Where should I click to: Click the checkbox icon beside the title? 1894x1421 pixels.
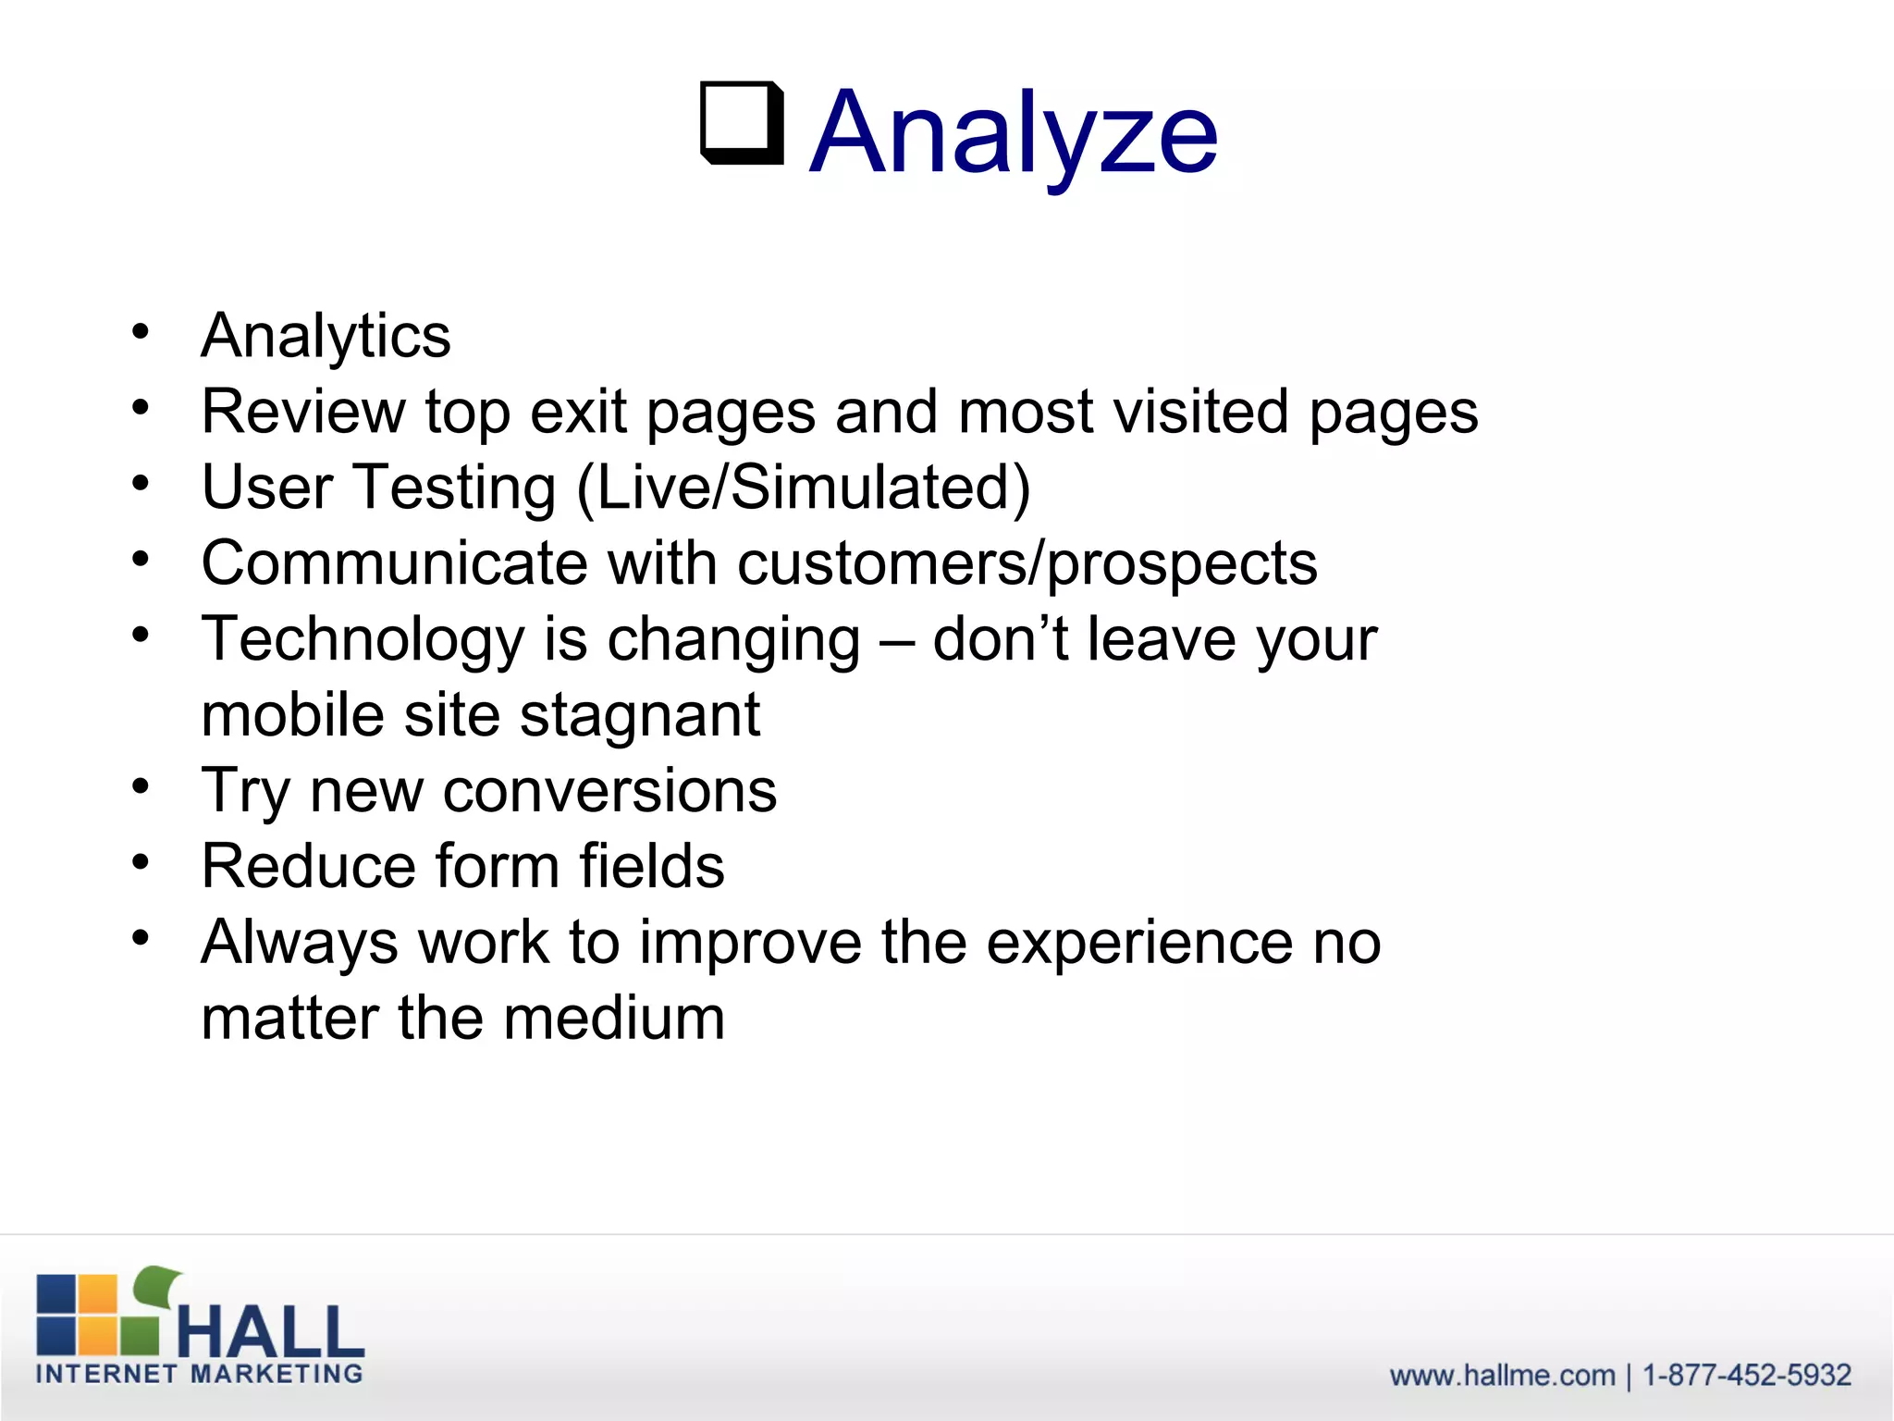pyautogui.click(x=742, y=123)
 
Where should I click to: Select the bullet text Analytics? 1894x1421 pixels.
pyautogui.click(x=326, y=335)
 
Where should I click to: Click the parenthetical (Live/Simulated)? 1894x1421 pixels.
pyautogui.click(x=803, y=488)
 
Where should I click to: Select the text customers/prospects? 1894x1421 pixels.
pyautogui.click(x=1027, y=564)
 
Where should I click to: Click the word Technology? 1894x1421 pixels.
pyautogui.click(x=363, y=640)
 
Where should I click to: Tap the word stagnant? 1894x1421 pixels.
pyautogui.click(x=640, y=716)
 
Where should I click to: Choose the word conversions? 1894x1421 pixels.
pyautogui.click(x=609, y=791)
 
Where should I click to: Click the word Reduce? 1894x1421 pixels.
pyautogui.click(x=309, y=867)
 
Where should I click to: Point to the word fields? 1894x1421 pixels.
pyautogui.click(x=652, y=867)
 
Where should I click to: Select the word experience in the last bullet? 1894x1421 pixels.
pyautogui.click(x=1139, y=943)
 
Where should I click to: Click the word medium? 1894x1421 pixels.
pyautogui.click(x=614, y=1019)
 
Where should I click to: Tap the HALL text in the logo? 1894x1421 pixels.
pyautogui.click(x=270, y=1332)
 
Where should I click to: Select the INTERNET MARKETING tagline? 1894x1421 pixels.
pyautogui.click(x=199, y=1374)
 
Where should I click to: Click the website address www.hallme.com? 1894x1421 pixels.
pyautogui.click(x=1502, y=1376)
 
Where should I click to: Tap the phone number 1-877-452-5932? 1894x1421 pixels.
pyautogui.click(x=1746, y=1376)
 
